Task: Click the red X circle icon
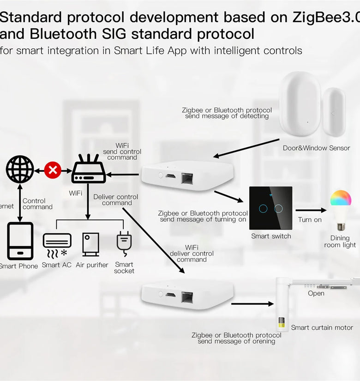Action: pos(53,170)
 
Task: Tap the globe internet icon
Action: pos(20,169)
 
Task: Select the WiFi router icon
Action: pos(89,169)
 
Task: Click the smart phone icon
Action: pos(20,241)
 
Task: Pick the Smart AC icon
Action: pos(57,244)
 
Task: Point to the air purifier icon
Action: pos(90,244)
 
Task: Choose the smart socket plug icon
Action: pos(124,243)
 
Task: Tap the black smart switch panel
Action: pos(271,208)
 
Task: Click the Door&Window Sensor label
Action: pos(317,148)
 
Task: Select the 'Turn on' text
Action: pos(310,220)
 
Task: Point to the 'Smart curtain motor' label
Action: pos(322,327)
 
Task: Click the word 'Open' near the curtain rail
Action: pos(316,293)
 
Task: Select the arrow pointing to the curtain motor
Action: pos(252,304)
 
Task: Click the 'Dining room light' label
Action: pos(340,242)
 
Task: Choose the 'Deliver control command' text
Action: pos(116,200)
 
